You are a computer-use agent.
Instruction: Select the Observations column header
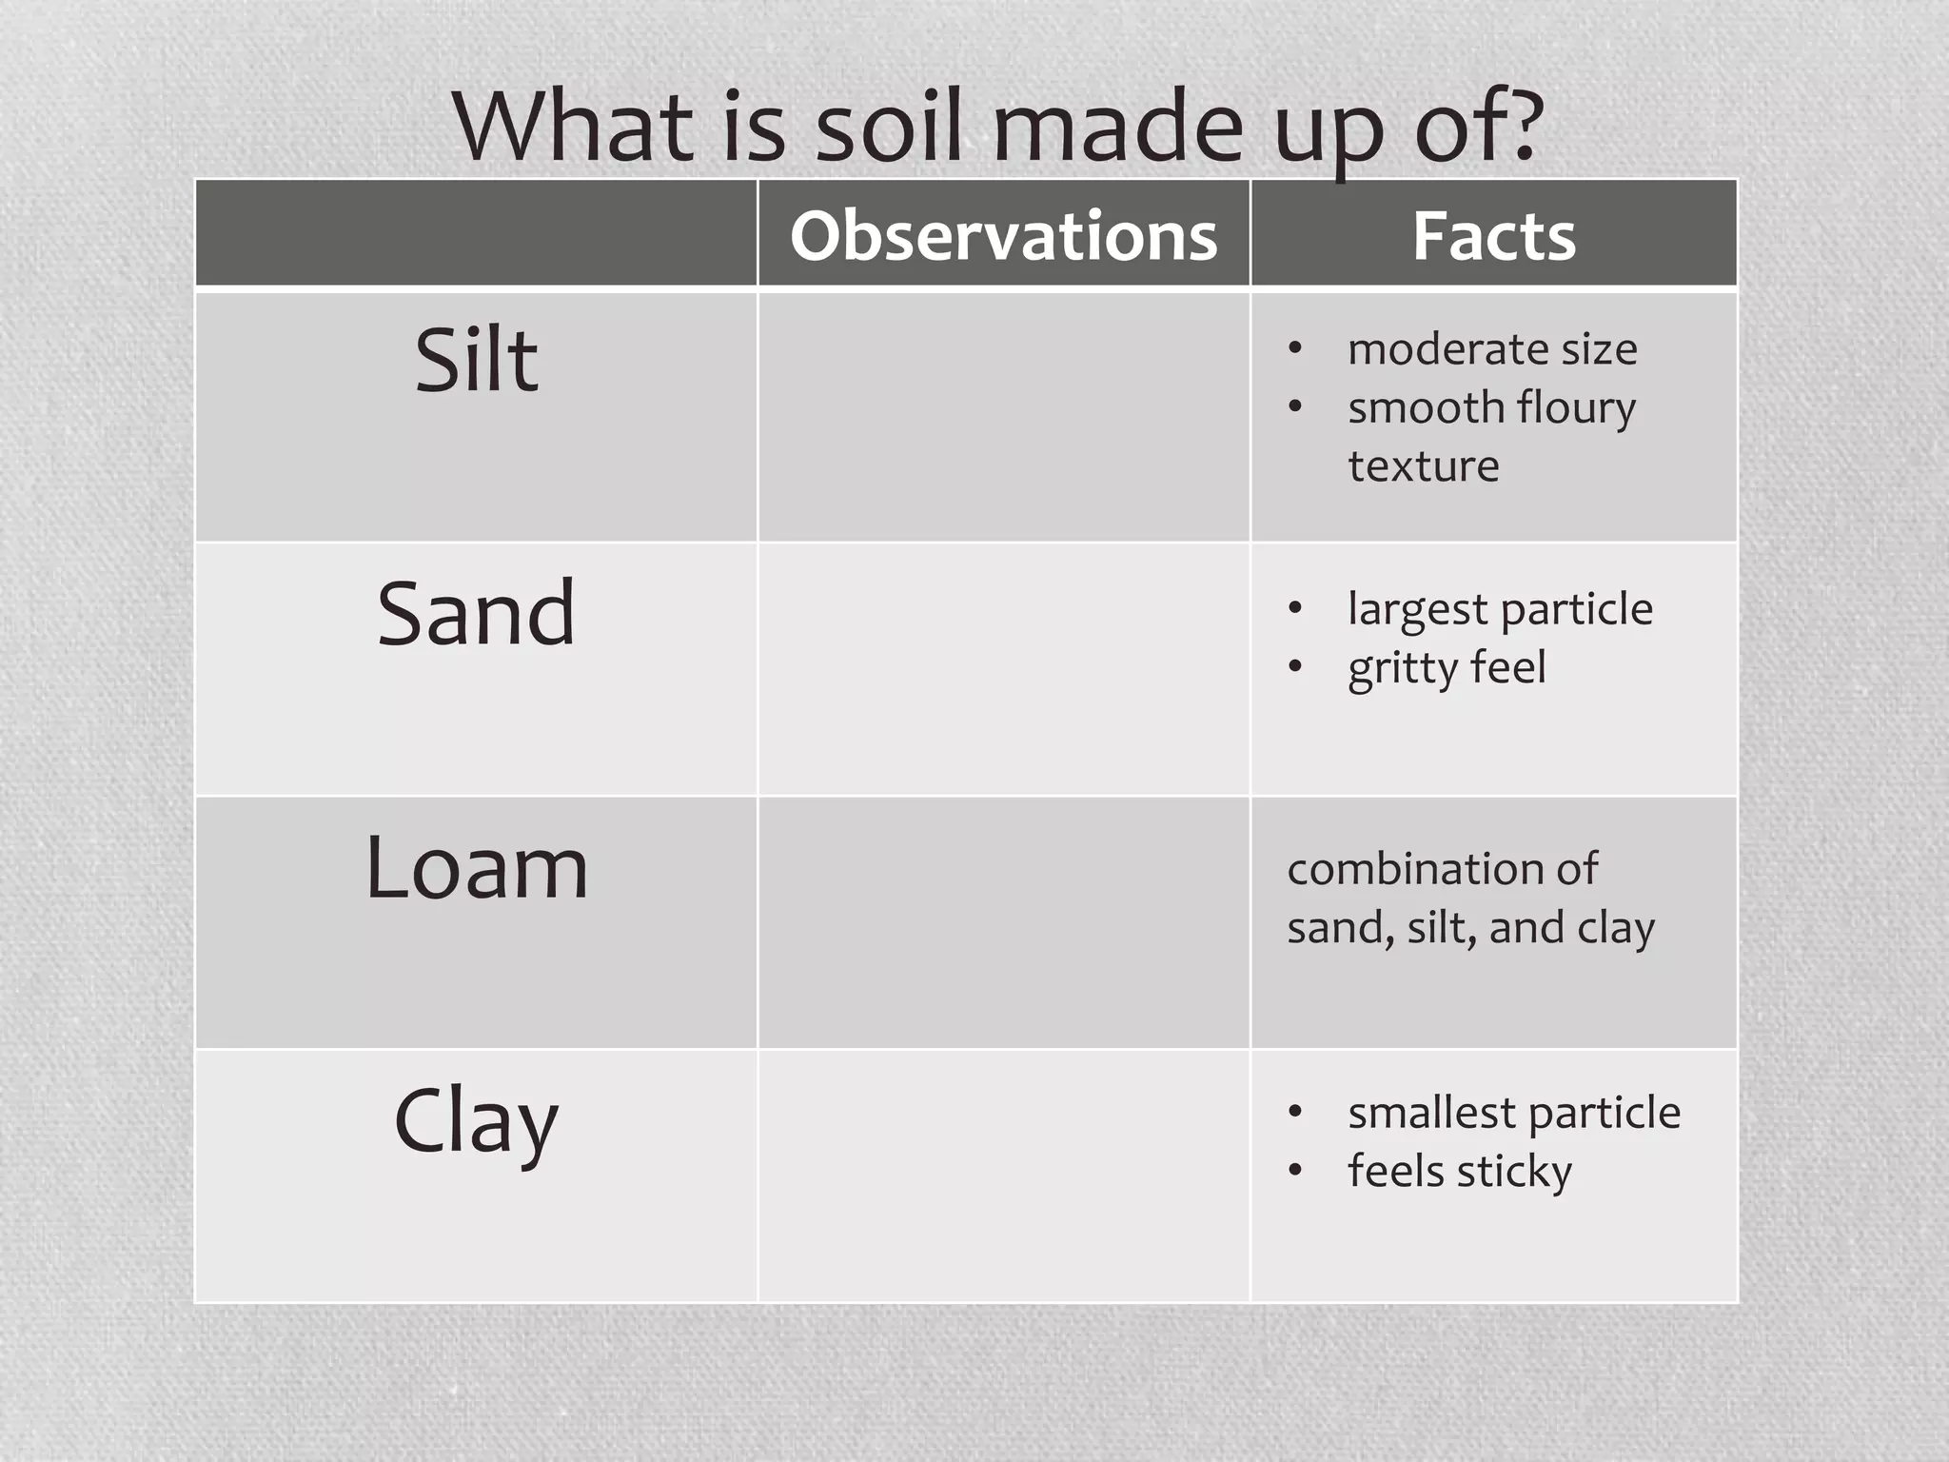point(1003,235)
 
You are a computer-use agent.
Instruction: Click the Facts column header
point(1493,235)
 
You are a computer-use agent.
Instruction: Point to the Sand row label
point(476,614)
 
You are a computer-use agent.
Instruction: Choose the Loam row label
point(476,867)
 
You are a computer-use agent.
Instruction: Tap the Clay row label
point(476,1122)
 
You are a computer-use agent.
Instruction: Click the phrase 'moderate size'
point(1492,349)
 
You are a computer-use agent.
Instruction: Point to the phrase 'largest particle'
point(1500,609)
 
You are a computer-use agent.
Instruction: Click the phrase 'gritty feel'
point(1447,668)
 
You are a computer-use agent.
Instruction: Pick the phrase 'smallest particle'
point(1514,1113)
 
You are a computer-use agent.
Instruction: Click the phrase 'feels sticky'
point(1459,1172)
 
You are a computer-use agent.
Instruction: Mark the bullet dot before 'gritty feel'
point(1294,666)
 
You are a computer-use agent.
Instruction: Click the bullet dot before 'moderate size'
point(1294,348)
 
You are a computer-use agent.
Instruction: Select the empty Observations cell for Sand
point(1003,669)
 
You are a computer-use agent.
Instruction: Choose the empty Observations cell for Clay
point(1003,1176)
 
